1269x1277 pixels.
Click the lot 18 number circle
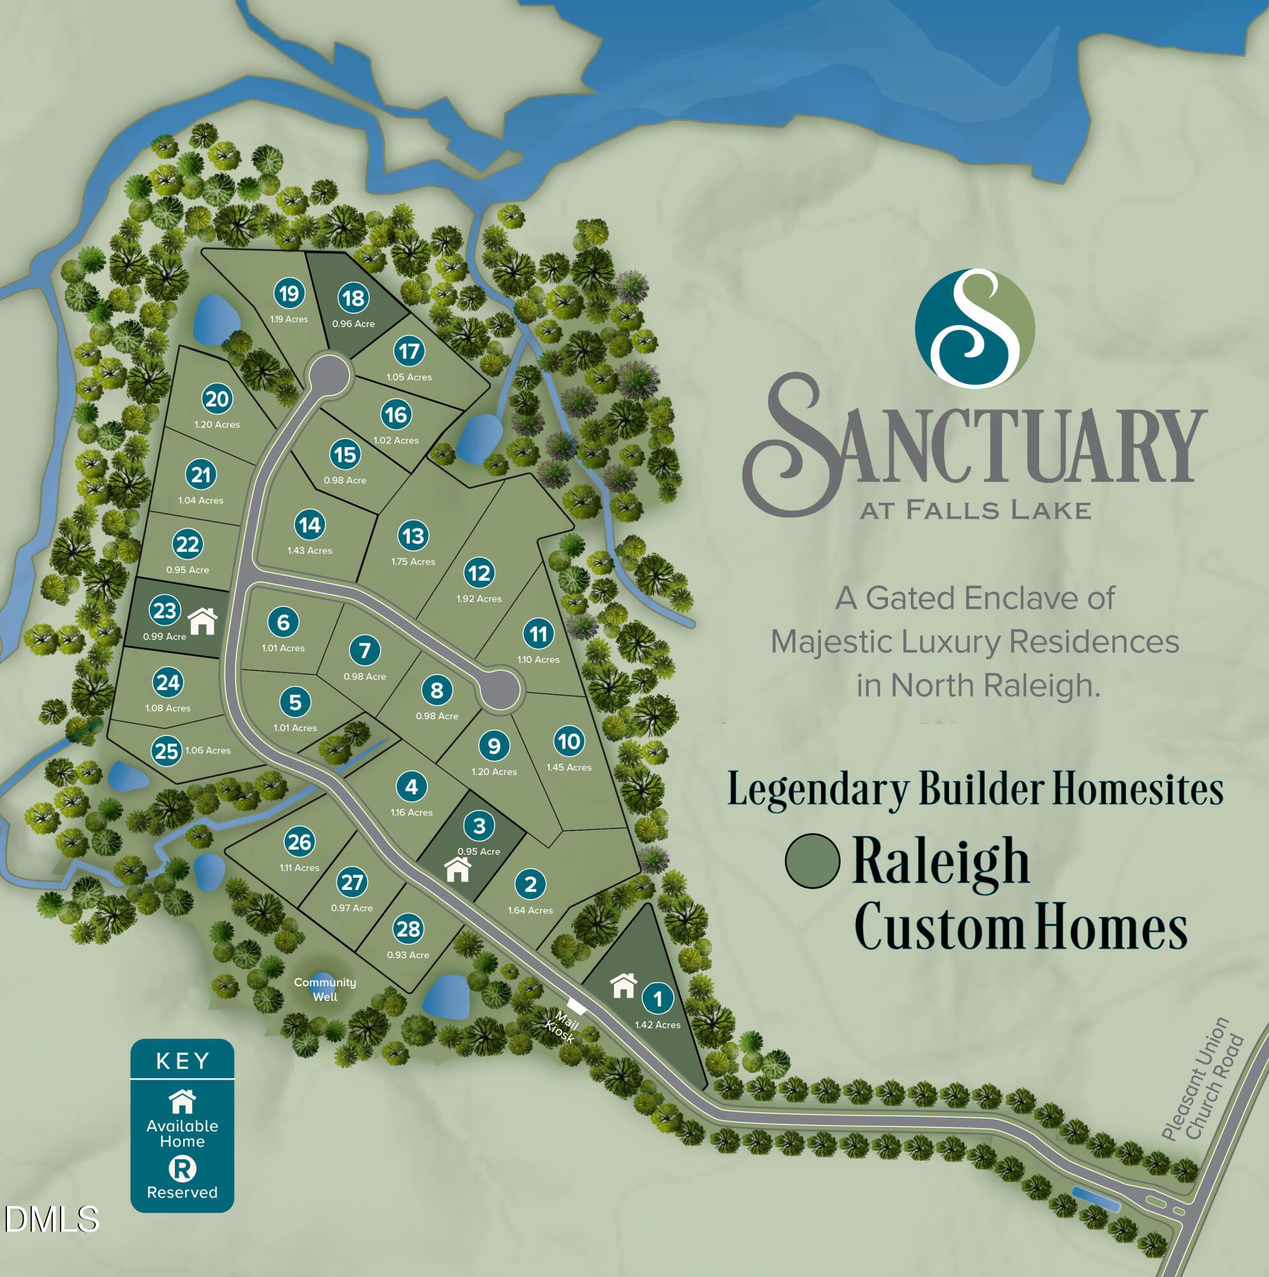click(x=354, y=298)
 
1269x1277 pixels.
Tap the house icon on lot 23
click(x=203, y=622)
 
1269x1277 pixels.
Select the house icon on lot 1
click(x=624, y=986)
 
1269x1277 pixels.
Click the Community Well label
click(x=325, y=989)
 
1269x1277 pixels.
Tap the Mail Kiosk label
click(x=562, y=1027)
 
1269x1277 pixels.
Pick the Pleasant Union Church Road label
click(x=1204, y=1089)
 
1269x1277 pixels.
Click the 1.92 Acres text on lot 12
click(x=479, y=599)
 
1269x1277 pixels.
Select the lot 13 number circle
click(x=414, y=535)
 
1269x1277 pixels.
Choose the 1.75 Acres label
click(x=413, y=561)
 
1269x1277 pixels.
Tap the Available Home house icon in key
click(x=183, y=1101)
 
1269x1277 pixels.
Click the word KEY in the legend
click(x=183, y=1062)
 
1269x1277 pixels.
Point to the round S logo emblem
click(x=974, y=328)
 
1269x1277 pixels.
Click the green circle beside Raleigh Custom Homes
click(x=812, y=860)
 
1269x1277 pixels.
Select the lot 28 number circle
click(x=409, y=929)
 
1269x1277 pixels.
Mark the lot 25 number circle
click(x=167, y=751)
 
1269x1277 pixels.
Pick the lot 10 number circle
click(x=569, y=741)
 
